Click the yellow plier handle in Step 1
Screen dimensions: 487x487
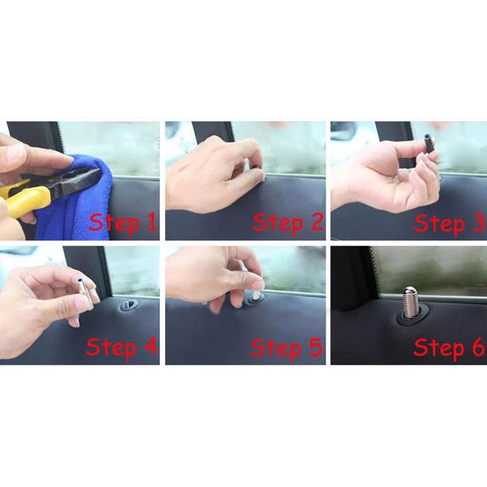pos(27,198)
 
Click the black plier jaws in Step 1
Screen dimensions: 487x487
pos(76,183)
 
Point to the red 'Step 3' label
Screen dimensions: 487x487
pos(449,223)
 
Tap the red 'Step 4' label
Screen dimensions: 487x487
pos(121,347)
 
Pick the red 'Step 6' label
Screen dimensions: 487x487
pos(449,348)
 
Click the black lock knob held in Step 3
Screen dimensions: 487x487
pos(430,146)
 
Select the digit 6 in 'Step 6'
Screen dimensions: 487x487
pos(475,348)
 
